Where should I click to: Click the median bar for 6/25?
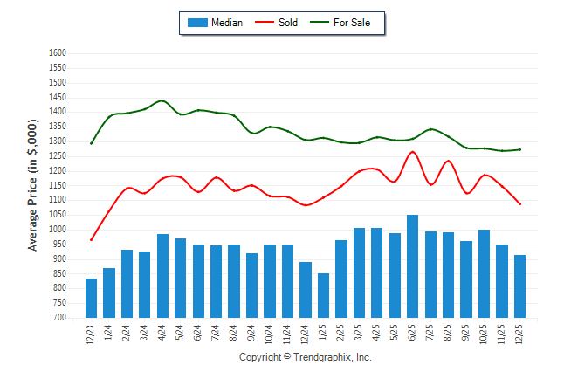click(x=412, y=266)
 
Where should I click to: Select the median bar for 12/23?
click(x=91, y=298)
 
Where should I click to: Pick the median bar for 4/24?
click(x=162, y=276)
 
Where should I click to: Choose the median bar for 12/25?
click(x=519, y=286)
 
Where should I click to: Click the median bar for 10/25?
click(x=484, y=273)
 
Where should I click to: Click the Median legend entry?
click(x=217, y=23)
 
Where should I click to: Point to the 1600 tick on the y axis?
click(x=58, y=53)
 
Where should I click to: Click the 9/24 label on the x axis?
click(x=252, y=334)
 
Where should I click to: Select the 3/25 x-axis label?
click(x=359, y=334)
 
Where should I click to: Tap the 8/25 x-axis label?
click(x=449, y=334)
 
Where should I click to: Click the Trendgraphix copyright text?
click(x=306, y=358)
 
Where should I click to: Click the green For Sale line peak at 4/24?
click(x=162, y=100)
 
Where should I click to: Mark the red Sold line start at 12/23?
click(x=91, y=240)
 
